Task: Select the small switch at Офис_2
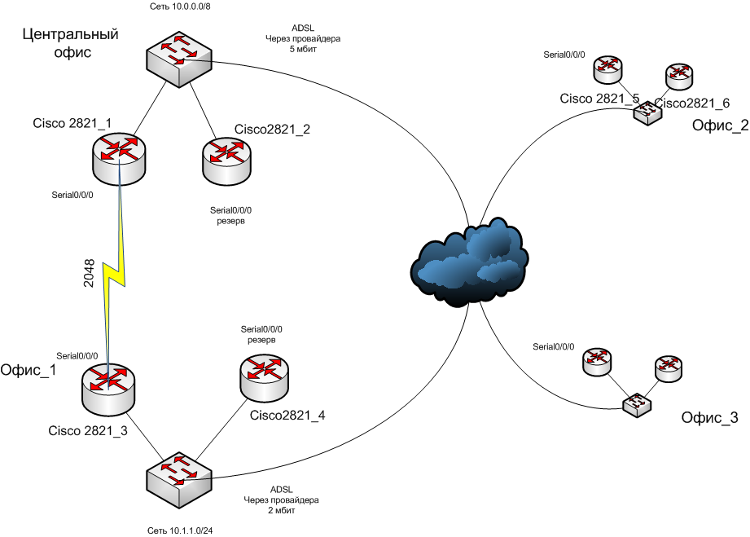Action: pos(648,112)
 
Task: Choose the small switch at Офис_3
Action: pos(637,405)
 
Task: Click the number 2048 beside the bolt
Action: pos(90,275)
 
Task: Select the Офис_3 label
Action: pos(708,419)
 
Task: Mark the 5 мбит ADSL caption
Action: pos(303,37)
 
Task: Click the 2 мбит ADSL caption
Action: pos(281,500)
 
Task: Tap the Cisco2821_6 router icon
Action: pos(678,76)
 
